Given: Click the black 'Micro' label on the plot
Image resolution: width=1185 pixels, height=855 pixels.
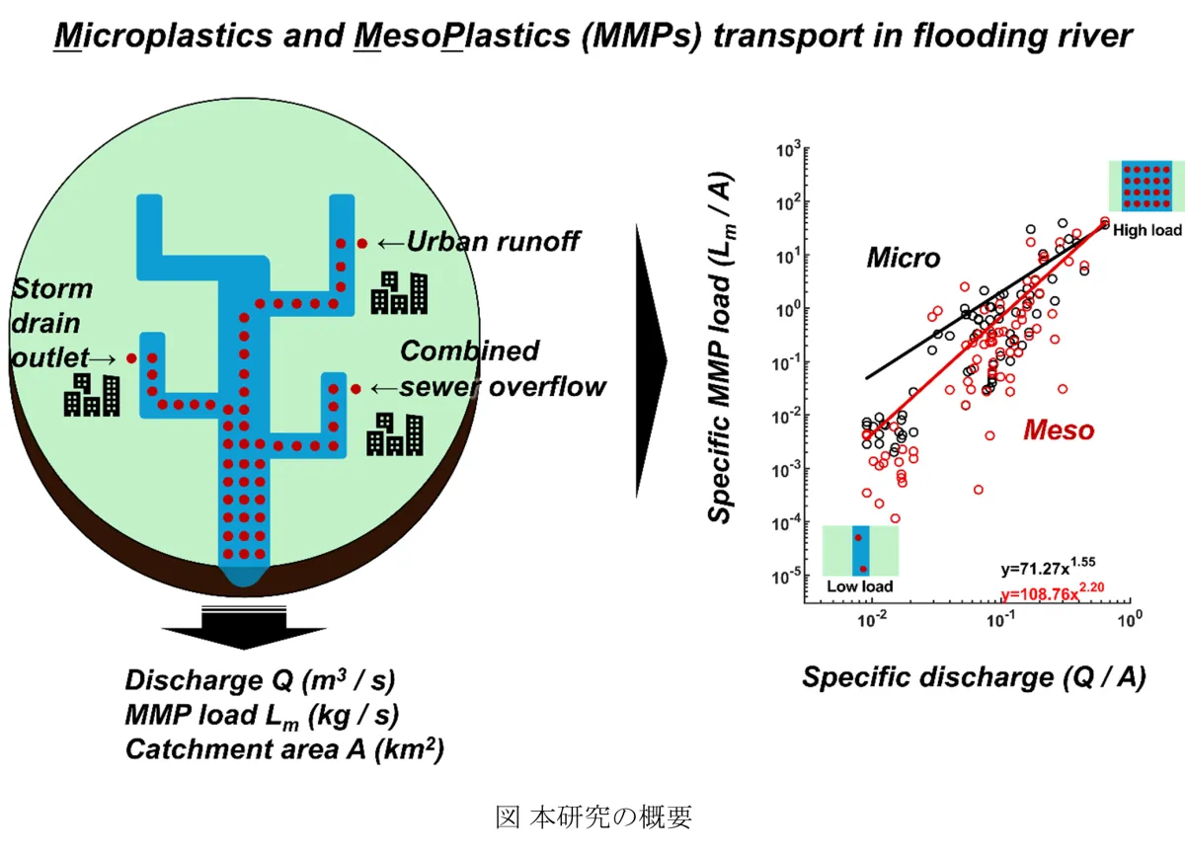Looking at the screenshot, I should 903,259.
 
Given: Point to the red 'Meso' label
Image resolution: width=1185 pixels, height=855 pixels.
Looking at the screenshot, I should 1059,429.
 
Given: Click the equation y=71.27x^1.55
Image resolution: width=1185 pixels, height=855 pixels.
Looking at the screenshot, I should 1048,569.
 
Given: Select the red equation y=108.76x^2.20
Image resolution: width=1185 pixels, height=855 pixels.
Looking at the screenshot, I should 1054,593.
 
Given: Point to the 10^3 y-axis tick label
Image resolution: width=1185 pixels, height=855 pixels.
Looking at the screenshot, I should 787,150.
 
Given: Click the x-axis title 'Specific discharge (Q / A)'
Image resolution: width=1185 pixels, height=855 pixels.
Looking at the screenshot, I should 973,677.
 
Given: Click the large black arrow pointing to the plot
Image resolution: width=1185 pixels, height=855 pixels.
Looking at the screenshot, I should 652,360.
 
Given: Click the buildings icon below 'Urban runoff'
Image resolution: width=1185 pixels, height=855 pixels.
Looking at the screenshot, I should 400,291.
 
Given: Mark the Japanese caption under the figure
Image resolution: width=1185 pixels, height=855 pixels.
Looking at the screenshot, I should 593,817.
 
